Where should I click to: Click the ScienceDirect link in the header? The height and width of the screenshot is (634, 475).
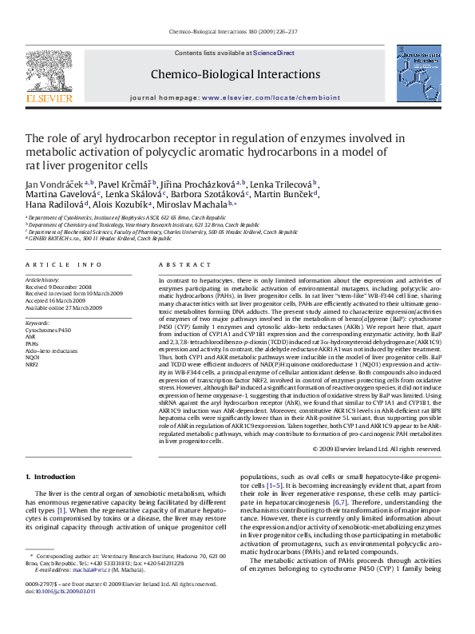(x=274, y=53)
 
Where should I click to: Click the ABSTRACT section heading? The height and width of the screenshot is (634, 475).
(x=178, y=263)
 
